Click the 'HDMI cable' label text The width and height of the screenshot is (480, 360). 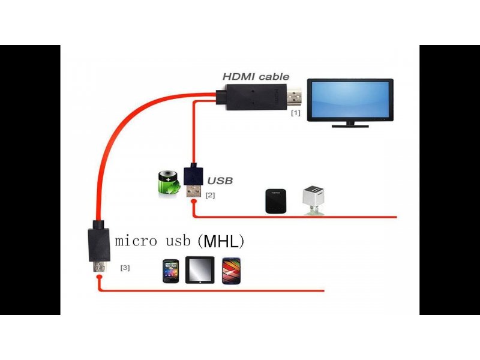(256, 77)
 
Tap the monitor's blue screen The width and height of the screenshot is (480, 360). (350, 100)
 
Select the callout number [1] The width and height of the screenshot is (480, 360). (295, 113)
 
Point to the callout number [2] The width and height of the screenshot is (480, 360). (210, 195)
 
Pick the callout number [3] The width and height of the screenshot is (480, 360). (125, 268)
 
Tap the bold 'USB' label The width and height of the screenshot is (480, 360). (220, 181)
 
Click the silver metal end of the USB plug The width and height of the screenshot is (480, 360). (193, 191)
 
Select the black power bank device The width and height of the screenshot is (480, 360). (275, 201)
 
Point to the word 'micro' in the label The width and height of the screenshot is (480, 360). (136, 241)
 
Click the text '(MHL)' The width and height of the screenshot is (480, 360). (220, 242)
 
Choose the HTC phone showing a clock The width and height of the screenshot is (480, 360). (170, 271)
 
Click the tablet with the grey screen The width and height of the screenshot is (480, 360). (200, 270)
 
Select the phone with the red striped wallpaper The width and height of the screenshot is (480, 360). (232, 271)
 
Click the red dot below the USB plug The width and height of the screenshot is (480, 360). (193, 202)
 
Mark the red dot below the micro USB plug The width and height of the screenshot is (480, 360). (99, 277)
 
